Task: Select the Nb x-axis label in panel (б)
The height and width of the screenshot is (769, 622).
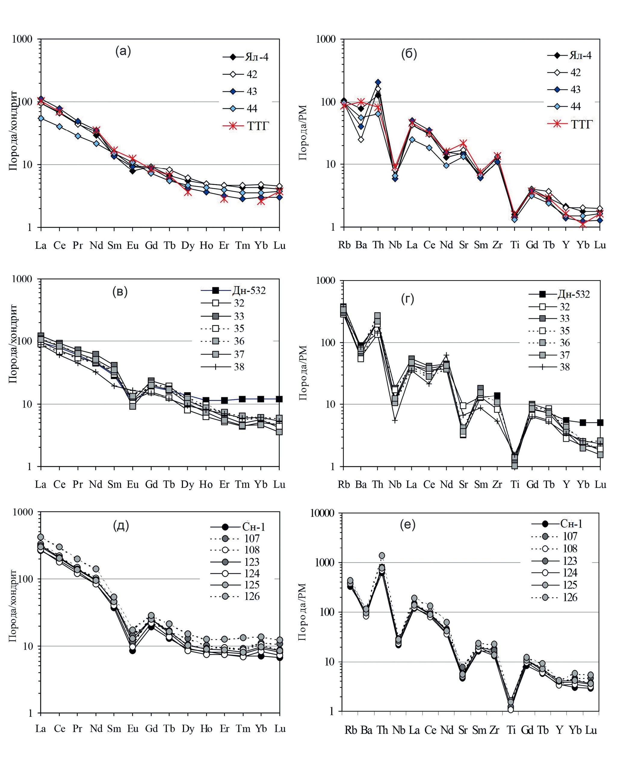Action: tap(395, 245)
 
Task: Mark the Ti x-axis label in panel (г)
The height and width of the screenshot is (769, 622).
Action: tap(515, 484)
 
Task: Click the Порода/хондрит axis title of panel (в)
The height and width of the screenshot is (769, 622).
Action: tap(13, 344)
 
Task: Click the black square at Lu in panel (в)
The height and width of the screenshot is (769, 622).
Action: tap(279, 399)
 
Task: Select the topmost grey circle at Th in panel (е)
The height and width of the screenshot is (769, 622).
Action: tap(382, 555)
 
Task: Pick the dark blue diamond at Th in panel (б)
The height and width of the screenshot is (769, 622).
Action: tap(378, 82)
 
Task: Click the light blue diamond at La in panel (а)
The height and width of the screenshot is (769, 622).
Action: tap(41, 118)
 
